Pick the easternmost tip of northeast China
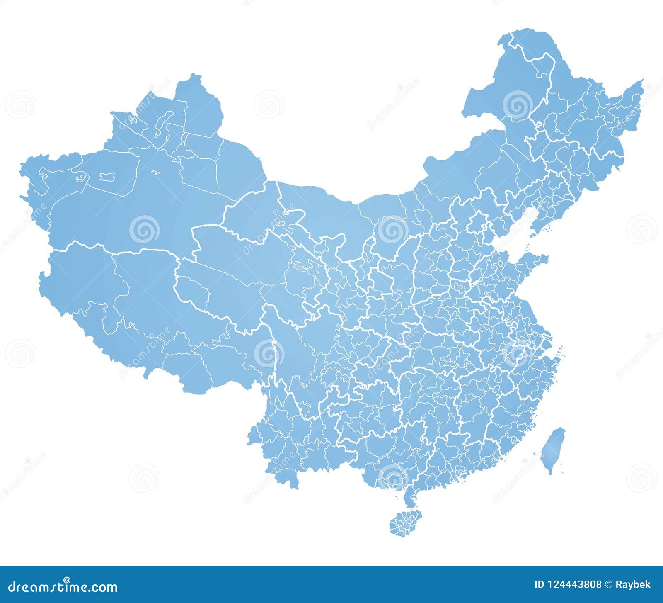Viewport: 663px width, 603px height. click(641, 81)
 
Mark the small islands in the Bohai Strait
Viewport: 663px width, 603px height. click(528, 248)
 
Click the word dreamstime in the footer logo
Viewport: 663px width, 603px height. click(52, 587)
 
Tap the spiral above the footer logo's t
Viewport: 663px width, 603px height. click(66, 579)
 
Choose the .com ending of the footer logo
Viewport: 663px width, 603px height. click(106, 588)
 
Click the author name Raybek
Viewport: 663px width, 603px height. click(634, 585)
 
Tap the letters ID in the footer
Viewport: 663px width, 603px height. click(540, 585)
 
